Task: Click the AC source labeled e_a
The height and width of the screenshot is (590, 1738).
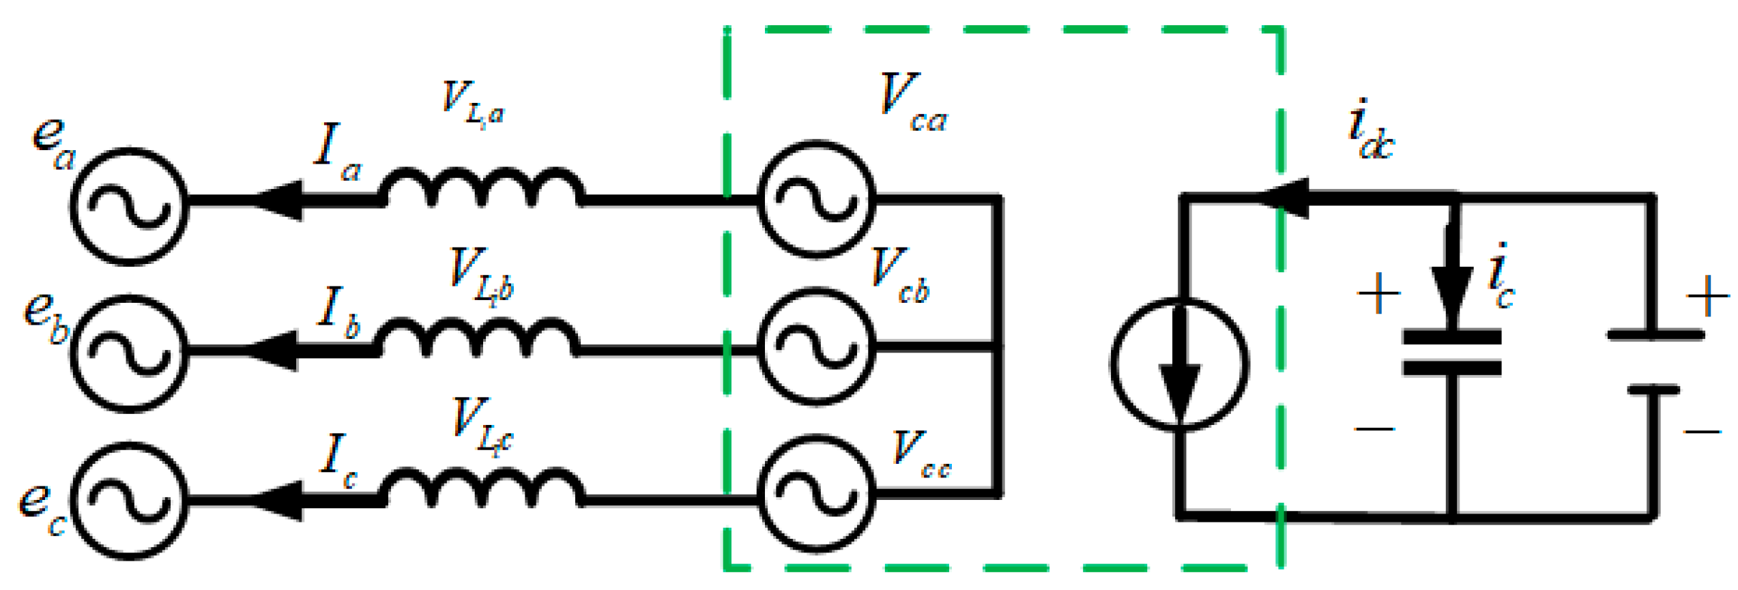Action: pyautogui.click(x=129, y=206)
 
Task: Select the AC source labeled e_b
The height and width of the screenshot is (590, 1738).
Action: pyautogui.click(x=129, y=353)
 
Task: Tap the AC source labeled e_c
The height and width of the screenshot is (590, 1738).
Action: pyautogui.click(x=129, y=501)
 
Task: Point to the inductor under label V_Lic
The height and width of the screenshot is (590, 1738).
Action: pyautogui.click(x=482, y=488)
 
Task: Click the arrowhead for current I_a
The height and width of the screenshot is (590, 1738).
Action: pyautogui.click(x=280, y=201)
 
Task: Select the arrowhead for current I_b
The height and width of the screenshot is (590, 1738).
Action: pyautogui.click(x=276, y=351)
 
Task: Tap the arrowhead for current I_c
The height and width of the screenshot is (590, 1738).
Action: pyautogui.click(x=279, y=501)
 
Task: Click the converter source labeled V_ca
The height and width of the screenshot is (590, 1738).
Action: pyautogui.click(x=816, y=199)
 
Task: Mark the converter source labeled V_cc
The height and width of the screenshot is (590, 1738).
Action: pyautogui.click(x=816, y=494)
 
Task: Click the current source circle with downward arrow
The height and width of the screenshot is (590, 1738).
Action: pyautogui.click(x=1180, y=364)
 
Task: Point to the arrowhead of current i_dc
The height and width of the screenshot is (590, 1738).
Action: pyautogui.click(x=1286, y=198)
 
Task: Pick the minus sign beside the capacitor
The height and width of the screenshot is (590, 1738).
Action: pyautogui.click(x=1374, y=429)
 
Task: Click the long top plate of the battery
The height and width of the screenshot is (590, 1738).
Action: pyautogui.click(x=1655, y=335)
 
